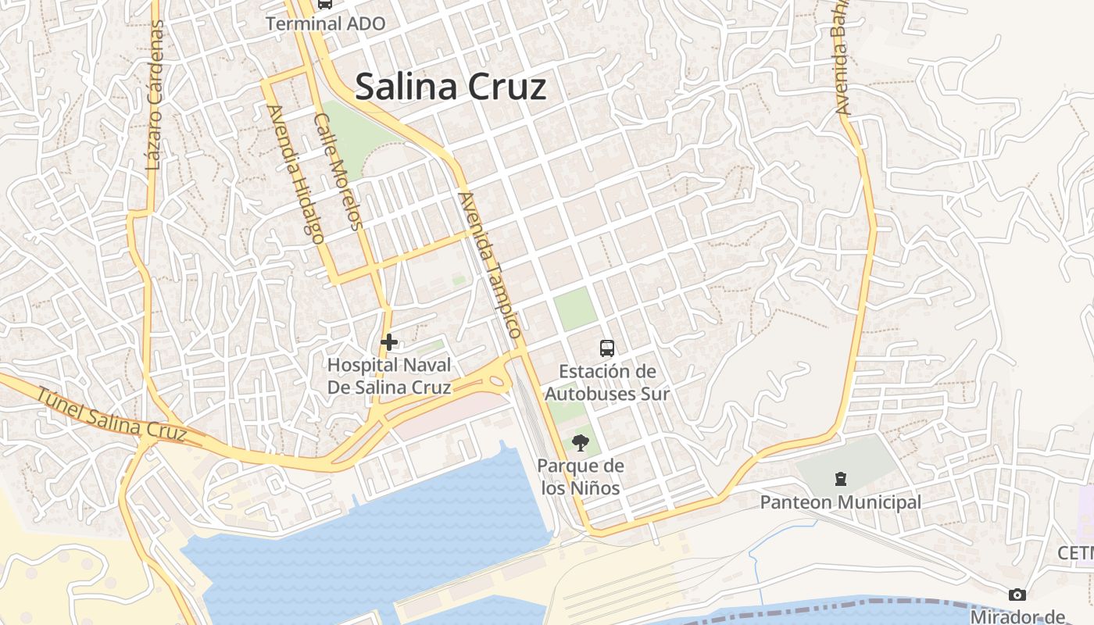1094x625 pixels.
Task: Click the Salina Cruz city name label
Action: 450,87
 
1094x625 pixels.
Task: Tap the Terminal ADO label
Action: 325,23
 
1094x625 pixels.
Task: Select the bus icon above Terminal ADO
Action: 324,4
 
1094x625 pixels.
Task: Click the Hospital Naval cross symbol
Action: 388,341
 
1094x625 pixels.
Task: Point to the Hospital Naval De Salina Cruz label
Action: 388,376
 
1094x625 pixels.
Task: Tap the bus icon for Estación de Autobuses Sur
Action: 606,348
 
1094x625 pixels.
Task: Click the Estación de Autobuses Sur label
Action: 606,382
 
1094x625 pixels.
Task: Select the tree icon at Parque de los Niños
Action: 580,444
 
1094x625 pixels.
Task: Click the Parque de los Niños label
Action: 580,477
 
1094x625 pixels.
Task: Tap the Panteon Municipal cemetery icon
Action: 841,478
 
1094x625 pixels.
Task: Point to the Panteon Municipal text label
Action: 841,502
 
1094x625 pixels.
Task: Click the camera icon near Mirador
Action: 1017,595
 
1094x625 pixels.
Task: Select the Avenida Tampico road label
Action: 491,264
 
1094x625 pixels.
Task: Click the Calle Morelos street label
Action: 338,172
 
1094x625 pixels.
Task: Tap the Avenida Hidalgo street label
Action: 295,174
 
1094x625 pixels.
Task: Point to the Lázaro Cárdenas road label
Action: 155,95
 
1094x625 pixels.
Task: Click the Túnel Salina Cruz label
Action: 111,414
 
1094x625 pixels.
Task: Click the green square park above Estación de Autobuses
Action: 576,309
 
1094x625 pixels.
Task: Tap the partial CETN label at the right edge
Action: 1075,553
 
